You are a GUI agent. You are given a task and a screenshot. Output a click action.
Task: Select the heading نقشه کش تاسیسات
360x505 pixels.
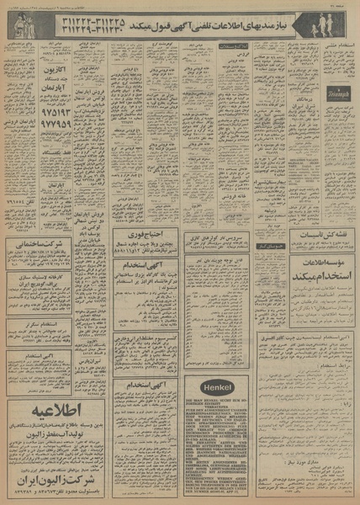[320, 237]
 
